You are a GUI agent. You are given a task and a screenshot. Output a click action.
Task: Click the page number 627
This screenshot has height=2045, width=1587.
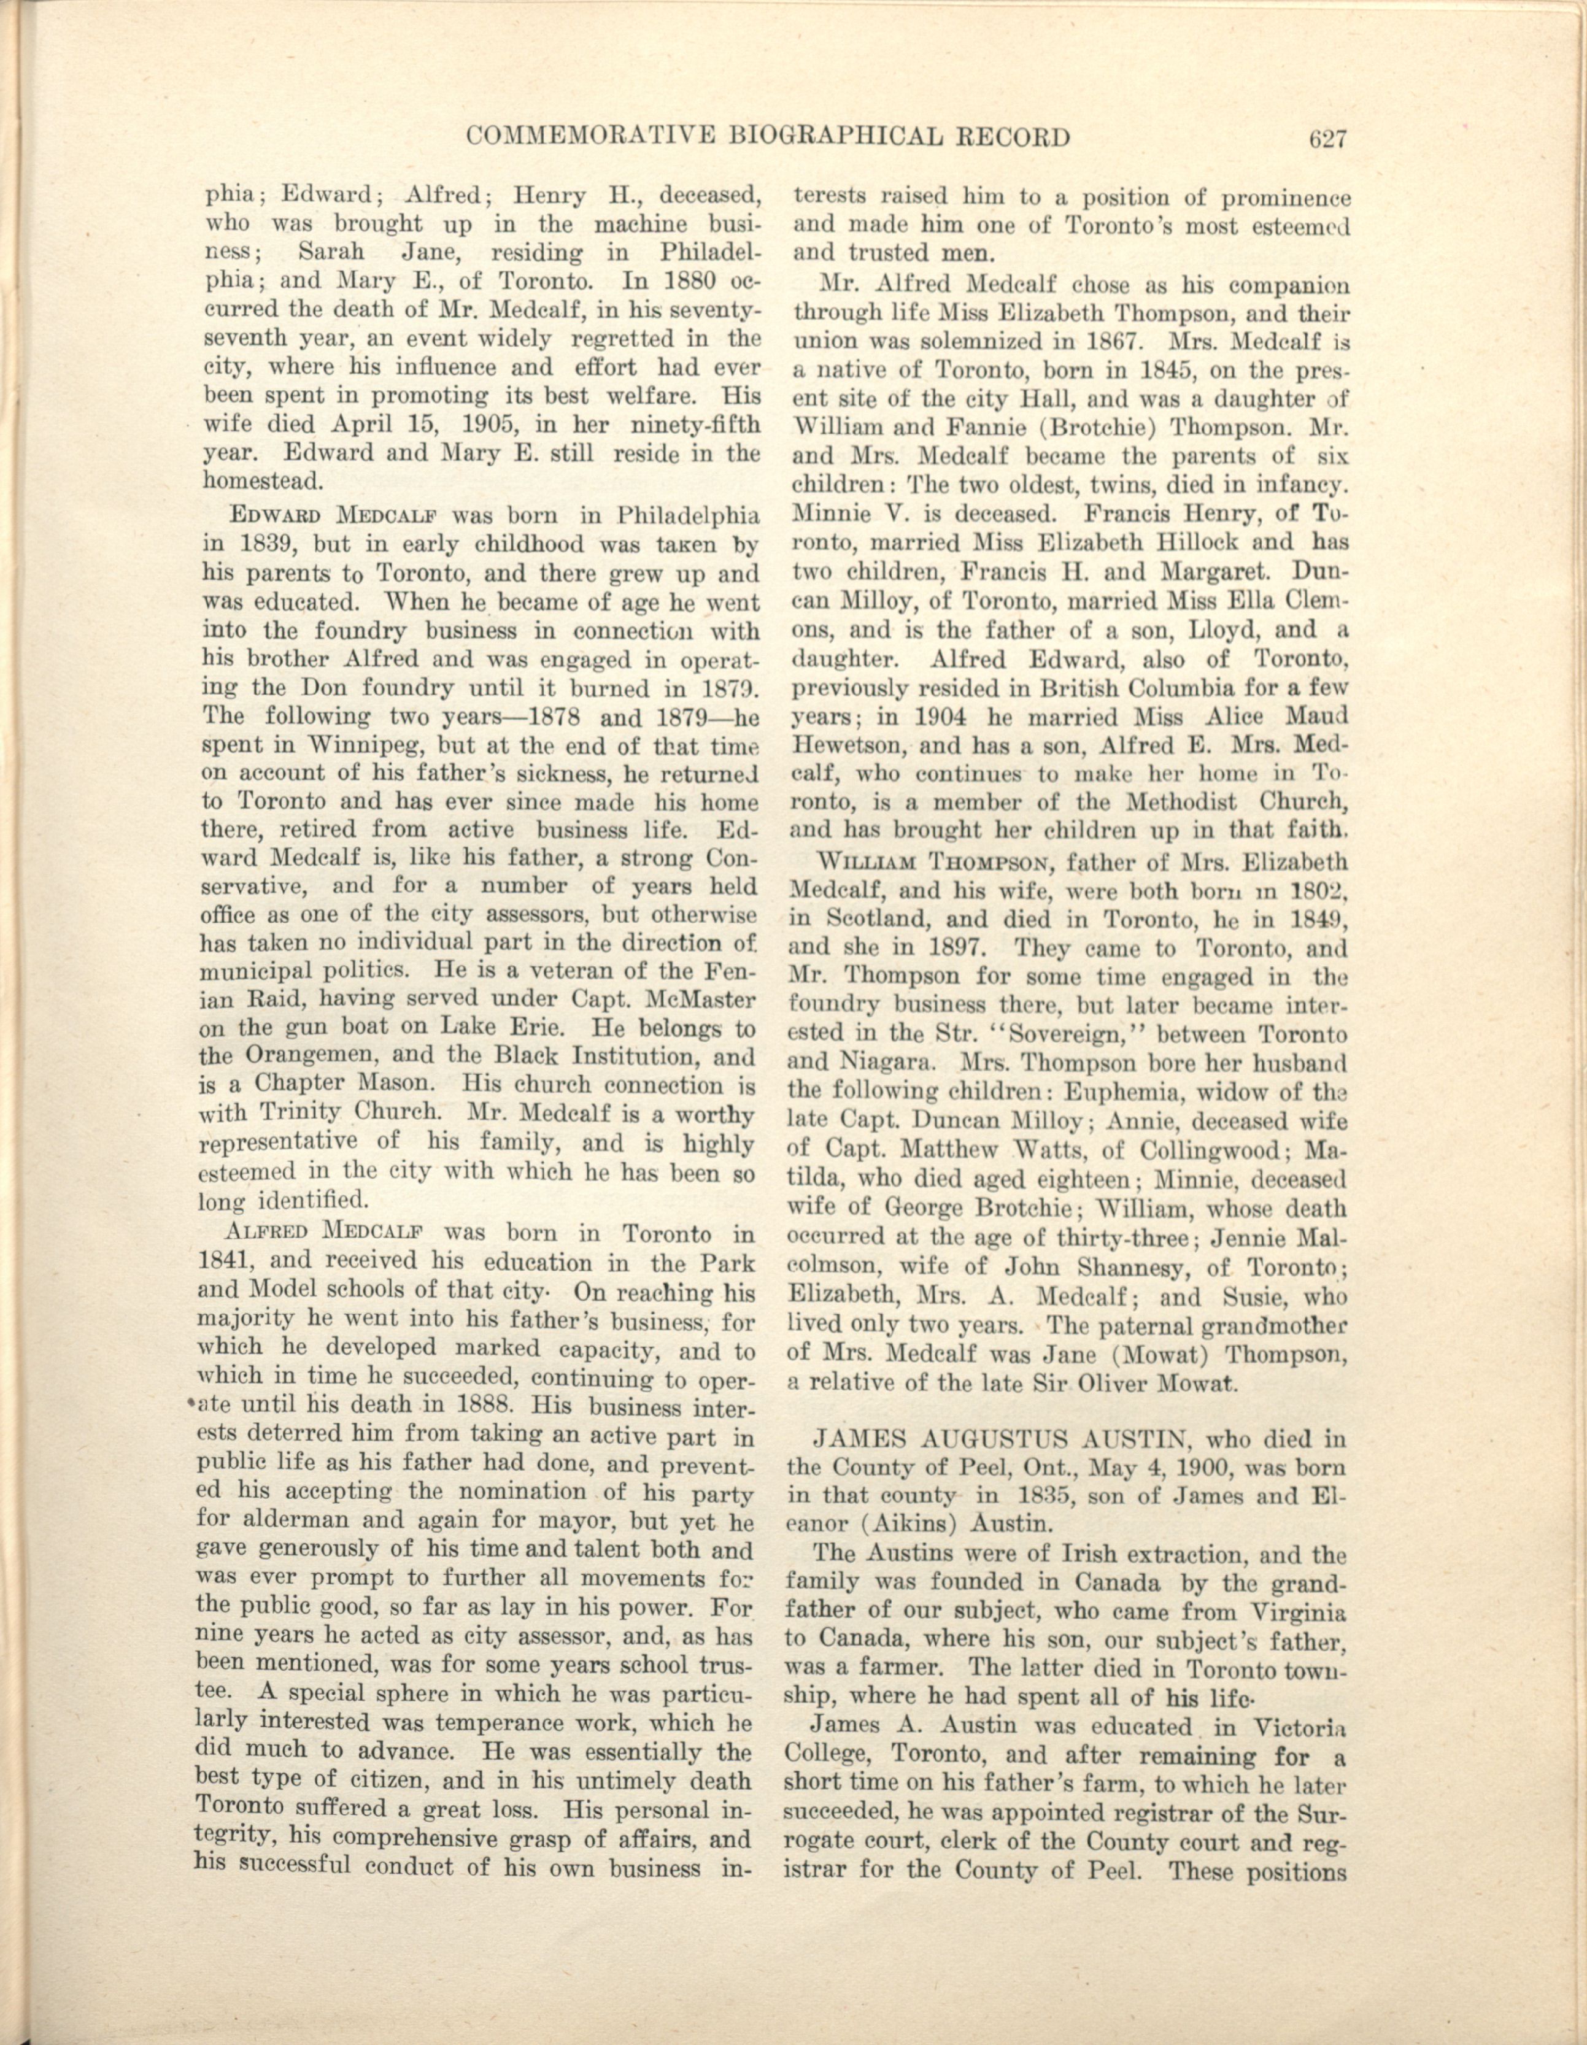click(x=1327, y=139)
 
